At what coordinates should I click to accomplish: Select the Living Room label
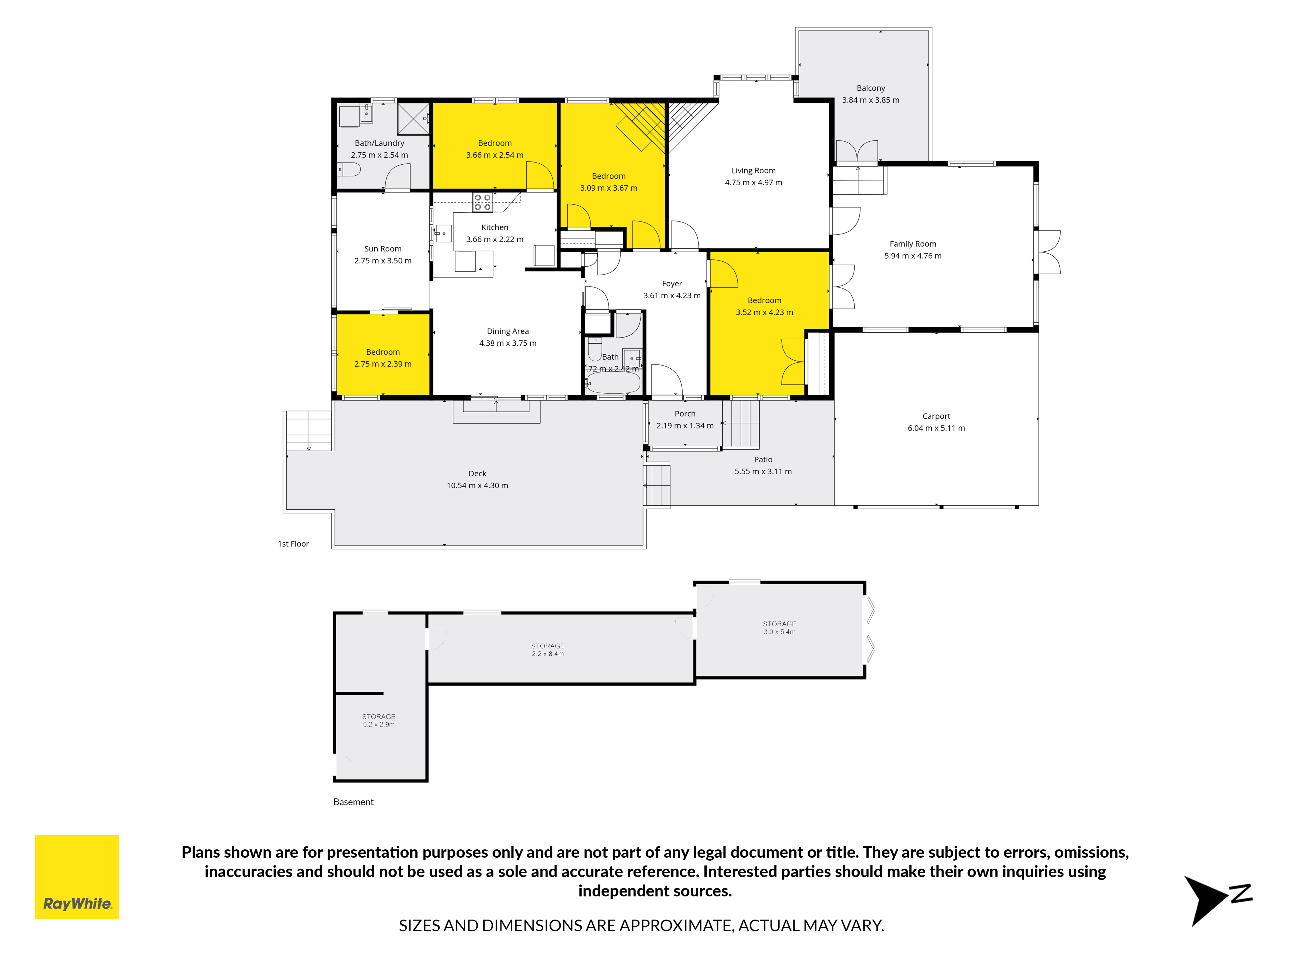[x=753, y=171]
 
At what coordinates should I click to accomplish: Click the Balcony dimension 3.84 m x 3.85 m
[x=871, y=100]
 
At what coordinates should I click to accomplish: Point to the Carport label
[x=936, y=416]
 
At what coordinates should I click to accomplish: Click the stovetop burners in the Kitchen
[x=483, y=202]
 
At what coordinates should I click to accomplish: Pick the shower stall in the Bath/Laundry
[x=413, y=119]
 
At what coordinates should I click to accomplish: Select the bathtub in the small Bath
[x=614, y=383]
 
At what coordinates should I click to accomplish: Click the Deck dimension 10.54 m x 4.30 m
[x=477, y=486]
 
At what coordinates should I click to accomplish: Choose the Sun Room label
[x=383, y=249]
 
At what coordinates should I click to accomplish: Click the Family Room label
[x=913, y=244]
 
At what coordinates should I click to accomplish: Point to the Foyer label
[x=672, y=284]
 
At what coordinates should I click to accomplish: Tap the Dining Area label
[x=508, y=331]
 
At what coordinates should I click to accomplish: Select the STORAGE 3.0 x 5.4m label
[x=779, y=628]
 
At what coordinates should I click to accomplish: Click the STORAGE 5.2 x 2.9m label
[x=379, y=720]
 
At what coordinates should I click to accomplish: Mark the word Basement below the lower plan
[x=353, y=802]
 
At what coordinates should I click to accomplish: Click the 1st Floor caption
[x=293, y=544]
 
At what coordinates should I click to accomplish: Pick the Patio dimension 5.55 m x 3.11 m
[x=763, y=472]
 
